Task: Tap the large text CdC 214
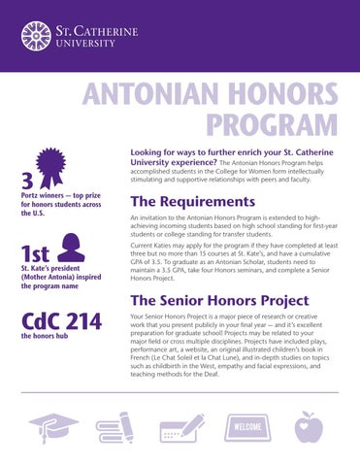click(62, 322)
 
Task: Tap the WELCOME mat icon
click(247, 427)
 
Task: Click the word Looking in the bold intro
click(148, 152)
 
